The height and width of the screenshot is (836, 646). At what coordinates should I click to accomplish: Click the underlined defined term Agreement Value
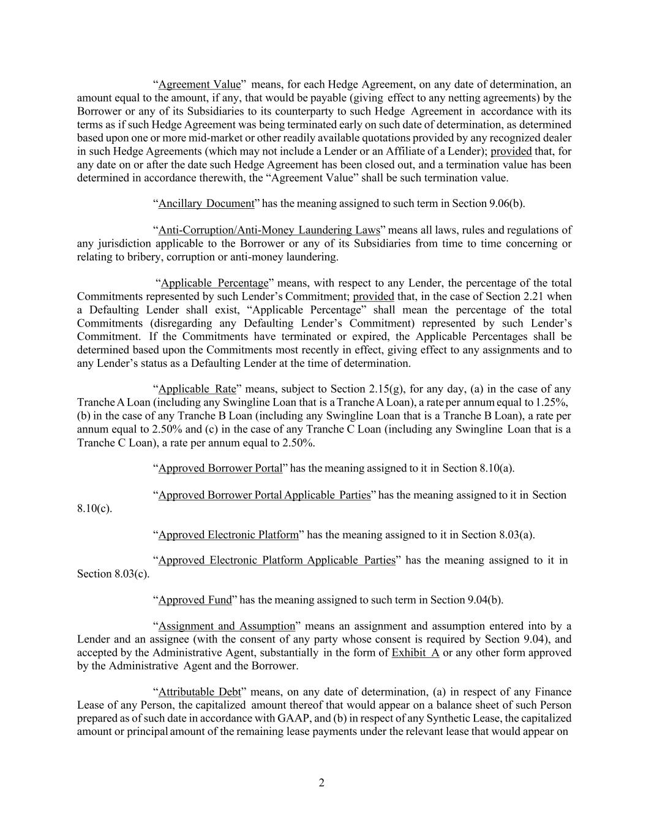click(x=200, y=85)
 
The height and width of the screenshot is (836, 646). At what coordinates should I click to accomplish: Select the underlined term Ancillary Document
click(x=206, y=203)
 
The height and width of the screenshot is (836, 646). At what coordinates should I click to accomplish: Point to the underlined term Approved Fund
click(x=195, y=600)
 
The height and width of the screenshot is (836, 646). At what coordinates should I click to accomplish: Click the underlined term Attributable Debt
click(x=200, y=692)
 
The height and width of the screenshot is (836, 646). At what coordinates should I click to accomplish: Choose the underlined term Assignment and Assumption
click(x=227, y=626)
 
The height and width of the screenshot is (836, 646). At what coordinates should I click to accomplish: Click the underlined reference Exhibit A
click(x=415, y=652)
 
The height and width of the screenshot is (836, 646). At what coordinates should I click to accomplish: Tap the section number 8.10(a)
click(x=496, y=469)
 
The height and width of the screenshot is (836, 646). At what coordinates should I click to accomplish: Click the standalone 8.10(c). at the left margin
click(x=94, y=508)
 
